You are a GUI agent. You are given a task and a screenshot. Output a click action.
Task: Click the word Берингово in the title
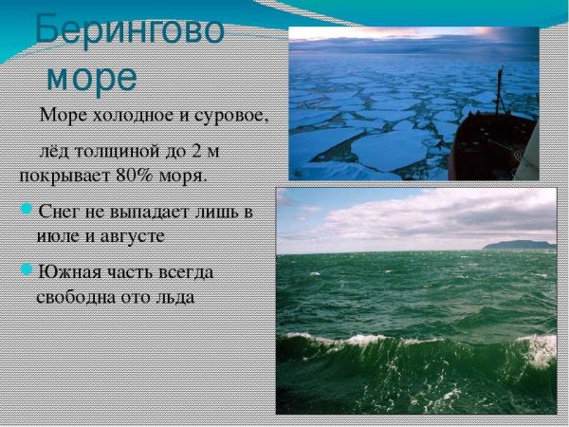click(129, 30)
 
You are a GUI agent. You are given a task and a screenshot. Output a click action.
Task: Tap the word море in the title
click(93, 76)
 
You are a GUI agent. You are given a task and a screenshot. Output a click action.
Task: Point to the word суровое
click(233, 117)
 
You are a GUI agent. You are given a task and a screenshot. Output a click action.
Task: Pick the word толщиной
click(122, 151)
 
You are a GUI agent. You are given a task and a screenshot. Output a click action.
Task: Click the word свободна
click(78, 296)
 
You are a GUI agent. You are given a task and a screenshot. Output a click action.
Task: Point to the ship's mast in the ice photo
click(500, 90)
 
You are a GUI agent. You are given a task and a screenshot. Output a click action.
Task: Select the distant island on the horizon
click(518, 245)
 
